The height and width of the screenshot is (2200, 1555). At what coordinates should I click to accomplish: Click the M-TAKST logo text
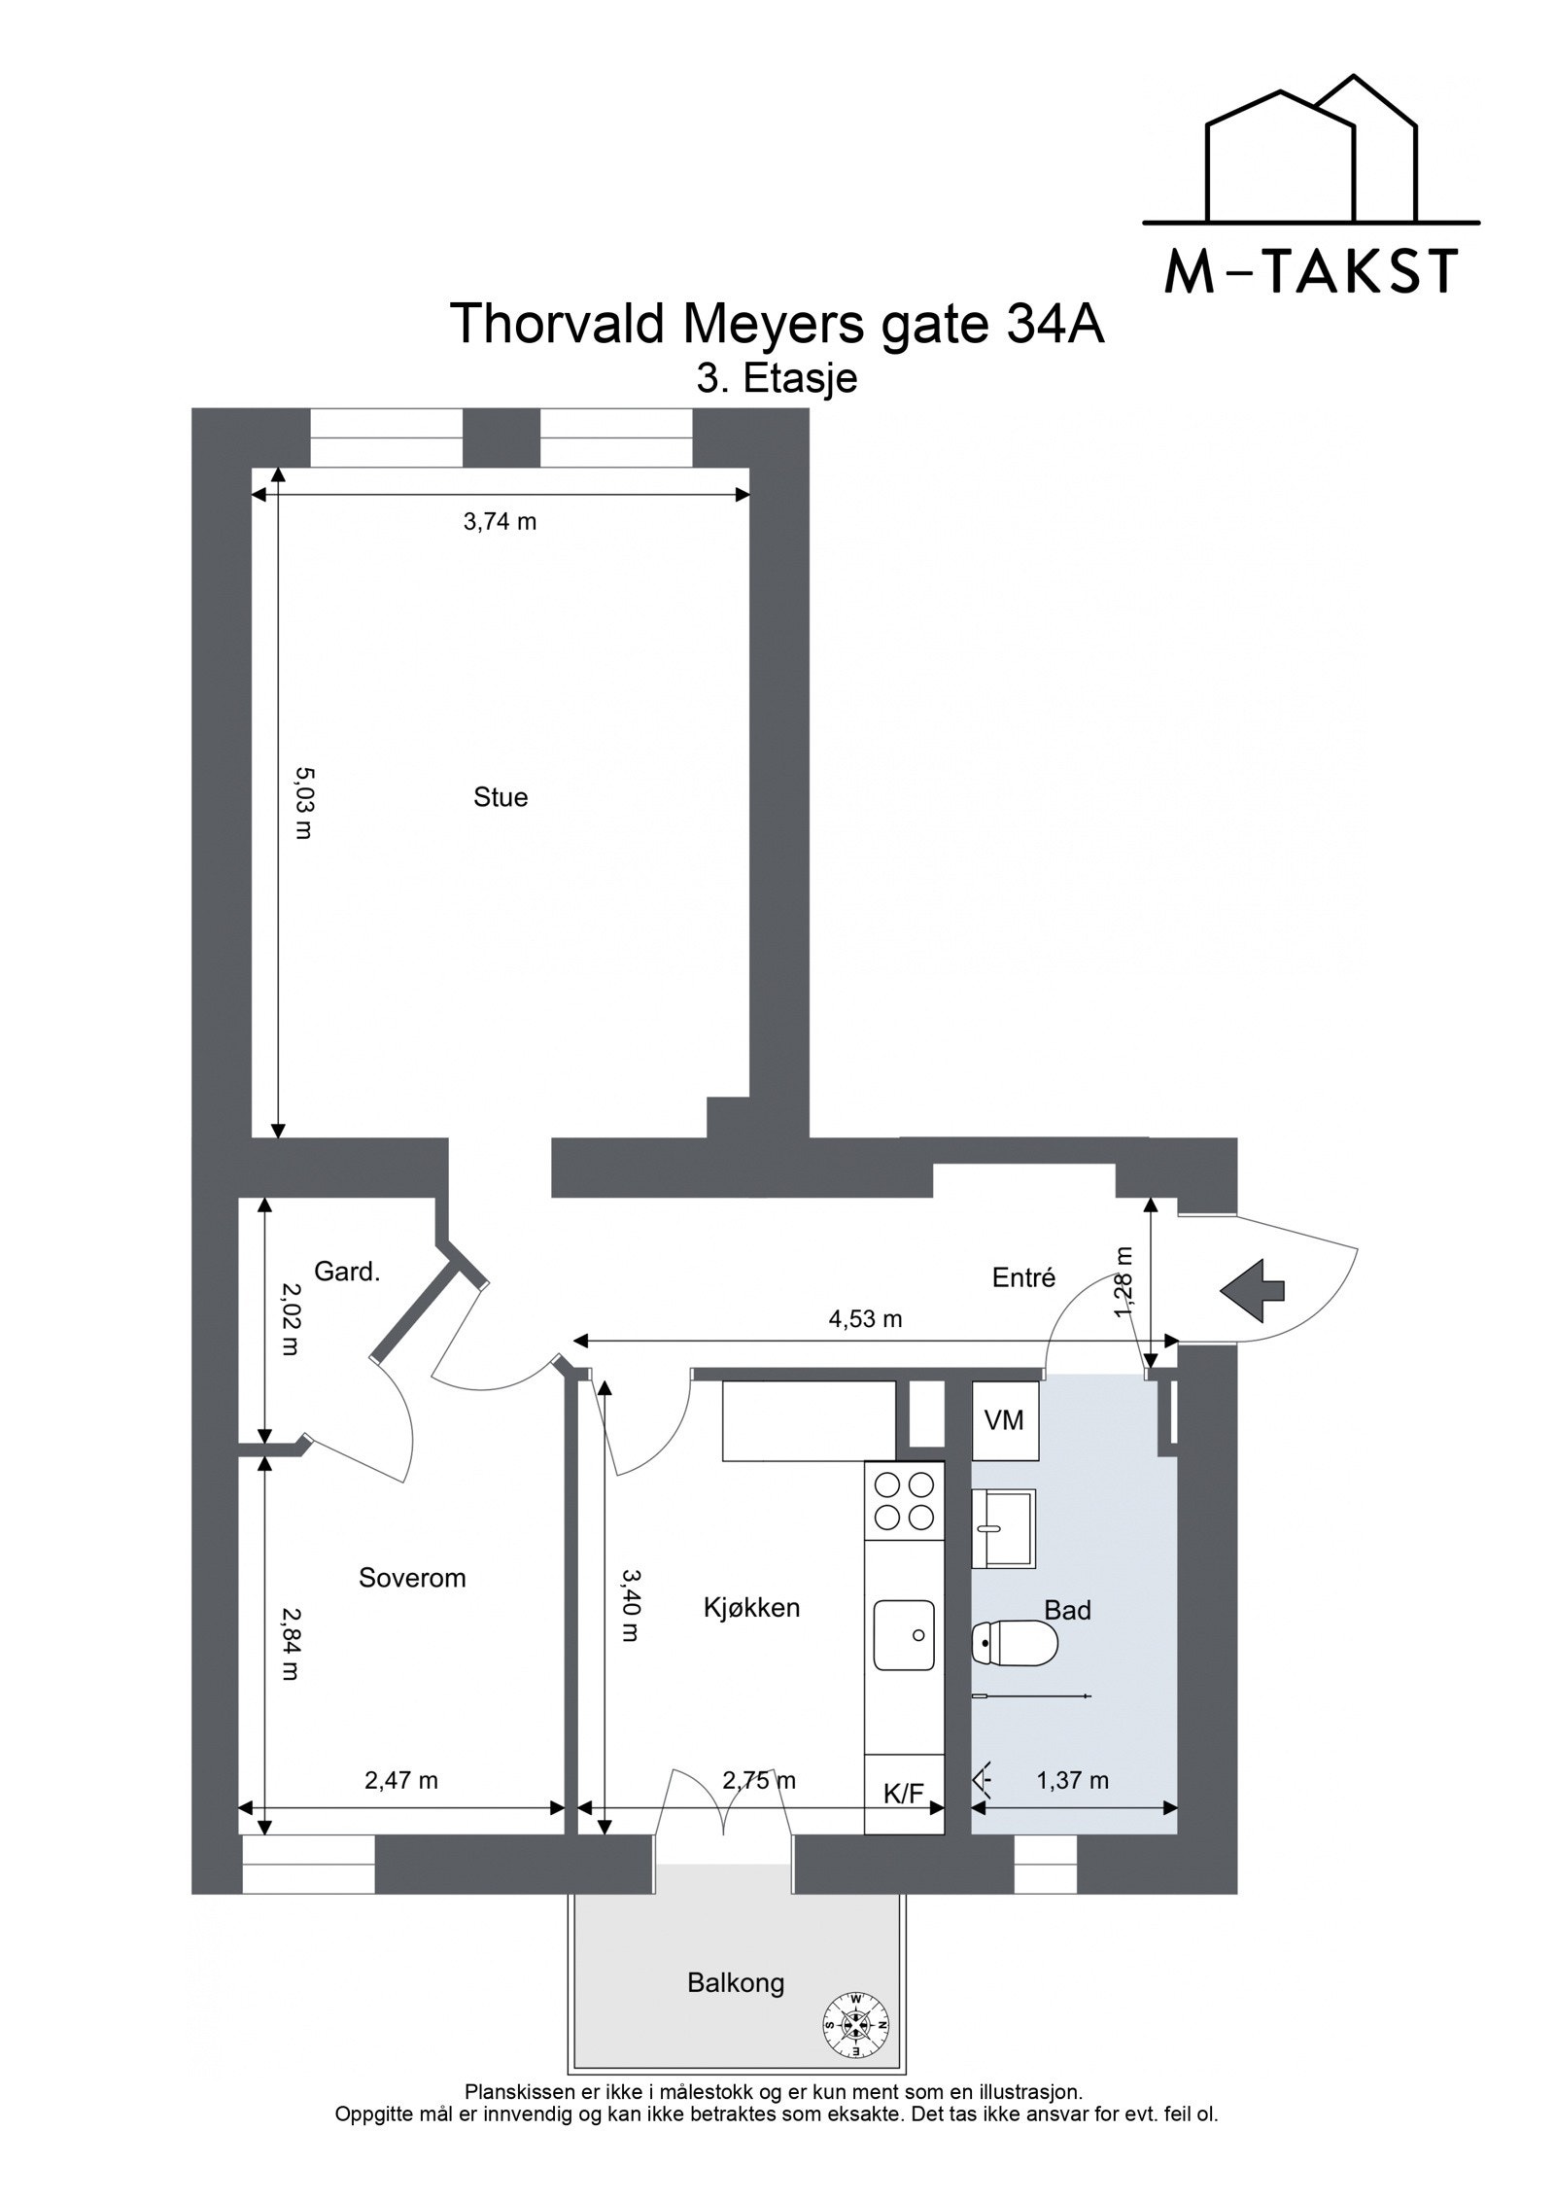click(x=1310, y=272)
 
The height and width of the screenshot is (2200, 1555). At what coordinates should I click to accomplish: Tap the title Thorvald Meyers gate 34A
click(x=777, y=325)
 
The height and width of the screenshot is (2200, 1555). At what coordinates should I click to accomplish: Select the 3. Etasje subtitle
click(x=777, y=378)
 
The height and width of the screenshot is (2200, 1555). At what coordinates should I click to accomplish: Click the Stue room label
click(x=501, y=797)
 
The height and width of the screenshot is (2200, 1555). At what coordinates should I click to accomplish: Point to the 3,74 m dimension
click(x=500, y=522)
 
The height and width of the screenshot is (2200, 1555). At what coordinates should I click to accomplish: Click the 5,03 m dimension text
click(x=303, y=803)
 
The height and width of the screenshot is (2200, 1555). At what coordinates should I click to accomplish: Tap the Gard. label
click(x=347, y=1271)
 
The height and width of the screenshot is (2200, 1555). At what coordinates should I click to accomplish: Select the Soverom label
click(x=412, y=1577)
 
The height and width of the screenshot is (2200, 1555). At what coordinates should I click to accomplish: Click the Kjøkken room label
click(x=751, y=1607)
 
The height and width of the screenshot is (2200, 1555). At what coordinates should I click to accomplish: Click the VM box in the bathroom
click(x=1004, y=1420)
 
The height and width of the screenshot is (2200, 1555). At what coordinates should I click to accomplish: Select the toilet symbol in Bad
click(x=1014, y=1643)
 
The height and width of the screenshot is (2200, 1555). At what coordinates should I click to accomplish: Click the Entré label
click(x=1023, y=1276)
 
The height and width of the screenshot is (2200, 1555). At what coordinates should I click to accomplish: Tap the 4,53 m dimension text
click(x=865, y=1319)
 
